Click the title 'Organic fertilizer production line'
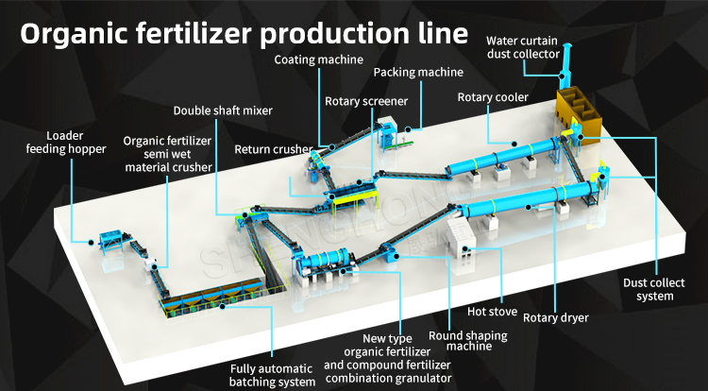click(244, 33)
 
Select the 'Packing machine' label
click(417, 72)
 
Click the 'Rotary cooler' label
click(493, 96)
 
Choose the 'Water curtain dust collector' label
click(521, 46)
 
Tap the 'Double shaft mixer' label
click(223, 110)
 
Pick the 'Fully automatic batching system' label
click(273, 375)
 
